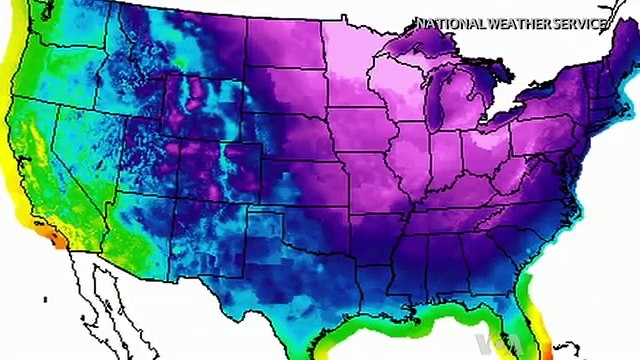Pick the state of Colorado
pos(234,170)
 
